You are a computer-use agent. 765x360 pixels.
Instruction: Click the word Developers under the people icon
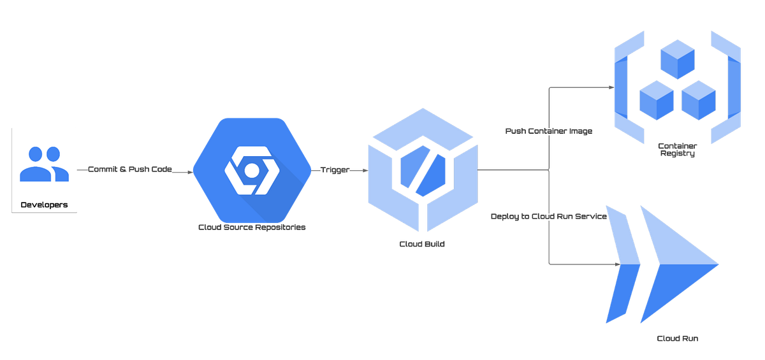pyautogui.click(x=44, y=205)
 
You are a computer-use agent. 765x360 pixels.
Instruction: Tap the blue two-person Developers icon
pyautogui.click(x=44, y=164)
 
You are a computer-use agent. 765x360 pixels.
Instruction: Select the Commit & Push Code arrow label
pyautogui.click(x=129, y=171)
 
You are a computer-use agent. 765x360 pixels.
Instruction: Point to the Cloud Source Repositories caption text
pyautogui.click(x=252, y=227)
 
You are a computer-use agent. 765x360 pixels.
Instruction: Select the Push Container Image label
pyautogui.click(x=549, y=131)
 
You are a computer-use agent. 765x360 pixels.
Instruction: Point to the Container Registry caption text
pyautogui.click(x=678, y=150)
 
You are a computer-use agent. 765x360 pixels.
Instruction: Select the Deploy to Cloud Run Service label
pyautogui.click(x=548, y=217)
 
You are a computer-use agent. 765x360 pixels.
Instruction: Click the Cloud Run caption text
pyautogui.click(x=676, y=338)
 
